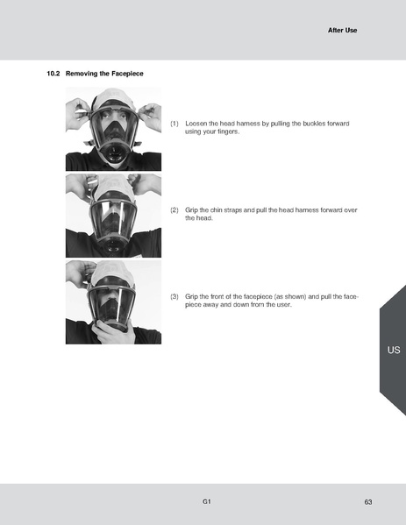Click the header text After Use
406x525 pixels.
pos(343,30)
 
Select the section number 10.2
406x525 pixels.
pos(53,74)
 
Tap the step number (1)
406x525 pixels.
pos(175,124)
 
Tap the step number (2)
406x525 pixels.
pos(175,210)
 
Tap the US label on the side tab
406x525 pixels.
pos(393,350)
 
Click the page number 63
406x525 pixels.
pos(368,501)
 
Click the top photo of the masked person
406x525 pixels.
pos(113,128)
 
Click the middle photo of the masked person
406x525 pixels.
pos(113,215)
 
